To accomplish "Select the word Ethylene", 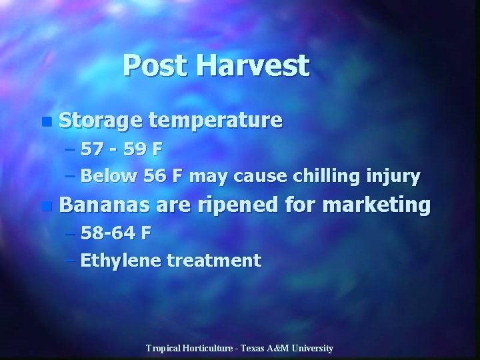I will pyautogui.click(x=121, y=260).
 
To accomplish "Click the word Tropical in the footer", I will pyautogui.click(x=164, y=348).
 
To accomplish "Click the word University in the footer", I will pyautogui.click(x=312, y=348).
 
